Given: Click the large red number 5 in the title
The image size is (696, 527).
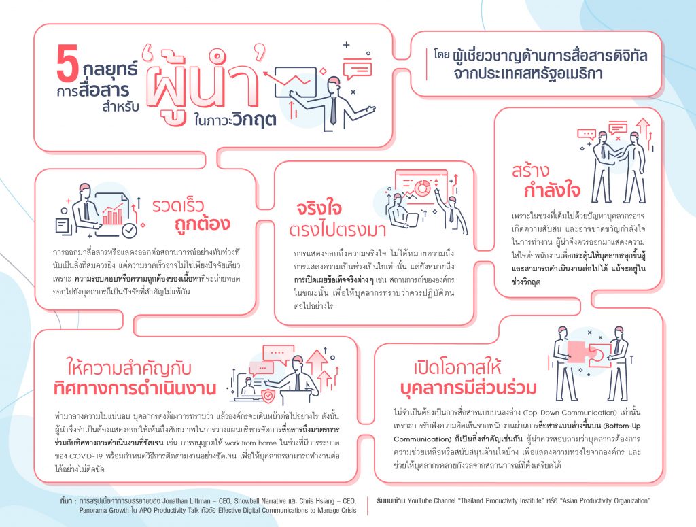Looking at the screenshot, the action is tap(67, 63).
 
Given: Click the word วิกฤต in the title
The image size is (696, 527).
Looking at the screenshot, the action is tap(254, 119).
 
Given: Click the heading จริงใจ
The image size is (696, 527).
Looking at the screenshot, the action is tap(319, 208).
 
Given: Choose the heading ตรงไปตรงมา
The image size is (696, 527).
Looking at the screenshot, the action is tap(337, 230).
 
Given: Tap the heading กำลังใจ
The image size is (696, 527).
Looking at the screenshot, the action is tap(552, 190).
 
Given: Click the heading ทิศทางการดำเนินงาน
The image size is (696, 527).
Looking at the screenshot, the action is tap(135, 388).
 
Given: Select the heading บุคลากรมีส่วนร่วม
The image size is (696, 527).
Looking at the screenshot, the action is tap(468, 387).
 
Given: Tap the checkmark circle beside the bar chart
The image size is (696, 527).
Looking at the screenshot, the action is tap(129, 231).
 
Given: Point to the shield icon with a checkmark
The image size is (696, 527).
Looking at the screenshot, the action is tap(268, 396).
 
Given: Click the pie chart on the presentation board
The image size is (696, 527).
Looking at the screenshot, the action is tap(422, 188).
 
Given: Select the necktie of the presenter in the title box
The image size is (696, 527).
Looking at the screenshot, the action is tap(333, 110).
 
